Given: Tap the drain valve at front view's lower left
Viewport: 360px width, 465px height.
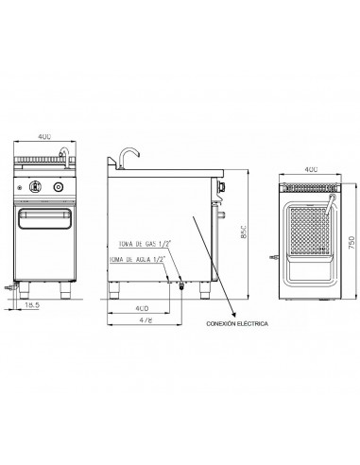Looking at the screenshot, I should click(x=12, y=283).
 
